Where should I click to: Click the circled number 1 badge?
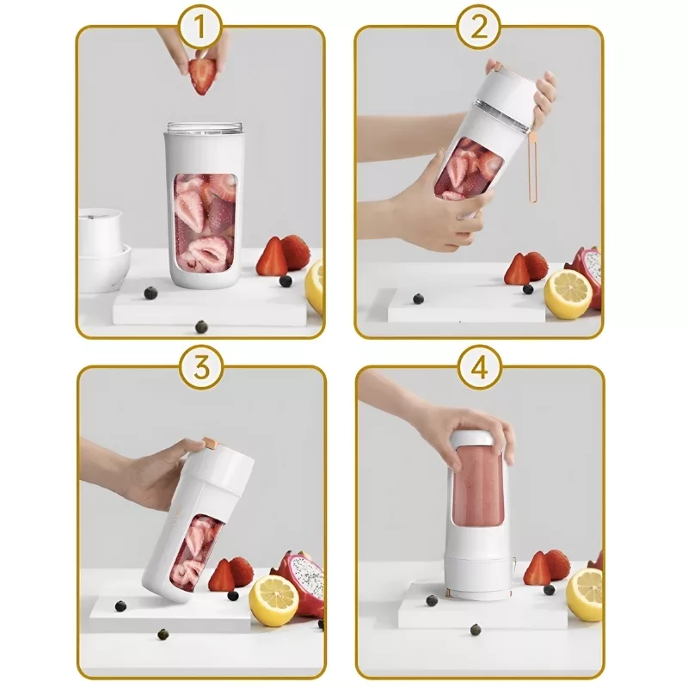click(x=200, y=28)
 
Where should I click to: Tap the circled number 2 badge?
click(x=479, y=28)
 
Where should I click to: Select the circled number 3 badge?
click(x=201, y=367)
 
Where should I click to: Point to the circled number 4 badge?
click(x=480, y=367)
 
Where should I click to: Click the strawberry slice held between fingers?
click(x=202, y=77)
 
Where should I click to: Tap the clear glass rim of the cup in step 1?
click(x=205, y=128)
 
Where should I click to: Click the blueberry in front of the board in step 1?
click(x=201, y=327)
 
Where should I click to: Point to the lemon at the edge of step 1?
click(x=315, y=286)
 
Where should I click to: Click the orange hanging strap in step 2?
click(x=532, y=167)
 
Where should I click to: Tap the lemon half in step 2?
click(x=568, y=294)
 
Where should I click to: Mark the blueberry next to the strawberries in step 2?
click(x=528, y=289)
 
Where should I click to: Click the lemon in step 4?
click(x=585, y=594)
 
